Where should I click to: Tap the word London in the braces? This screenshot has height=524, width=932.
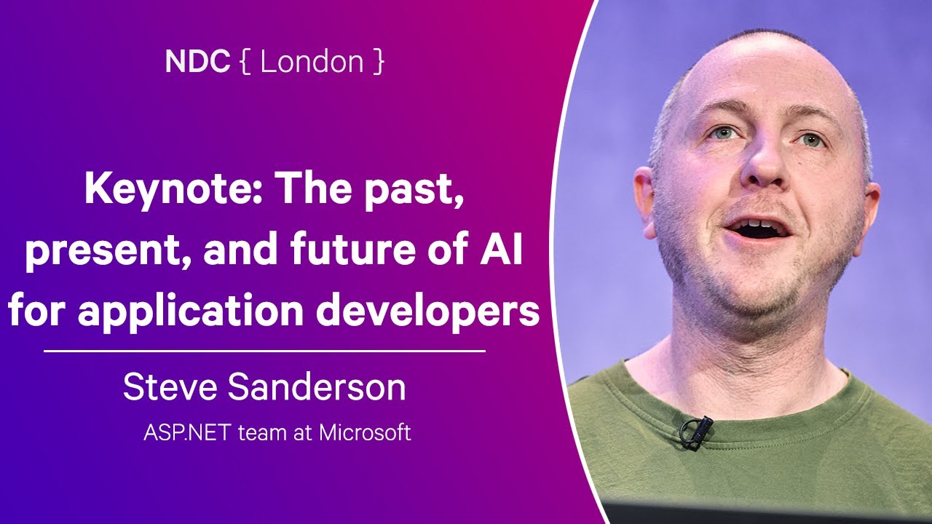[312, 62]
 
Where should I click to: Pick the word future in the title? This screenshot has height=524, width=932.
[346, 251]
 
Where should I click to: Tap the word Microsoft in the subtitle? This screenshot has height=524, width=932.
[366, 432]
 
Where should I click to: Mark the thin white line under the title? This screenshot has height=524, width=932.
[264, 351]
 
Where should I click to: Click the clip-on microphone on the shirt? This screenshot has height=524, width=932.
[695, 430]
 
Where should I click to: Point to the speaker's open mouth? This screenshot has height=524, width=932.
[759, 229]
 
